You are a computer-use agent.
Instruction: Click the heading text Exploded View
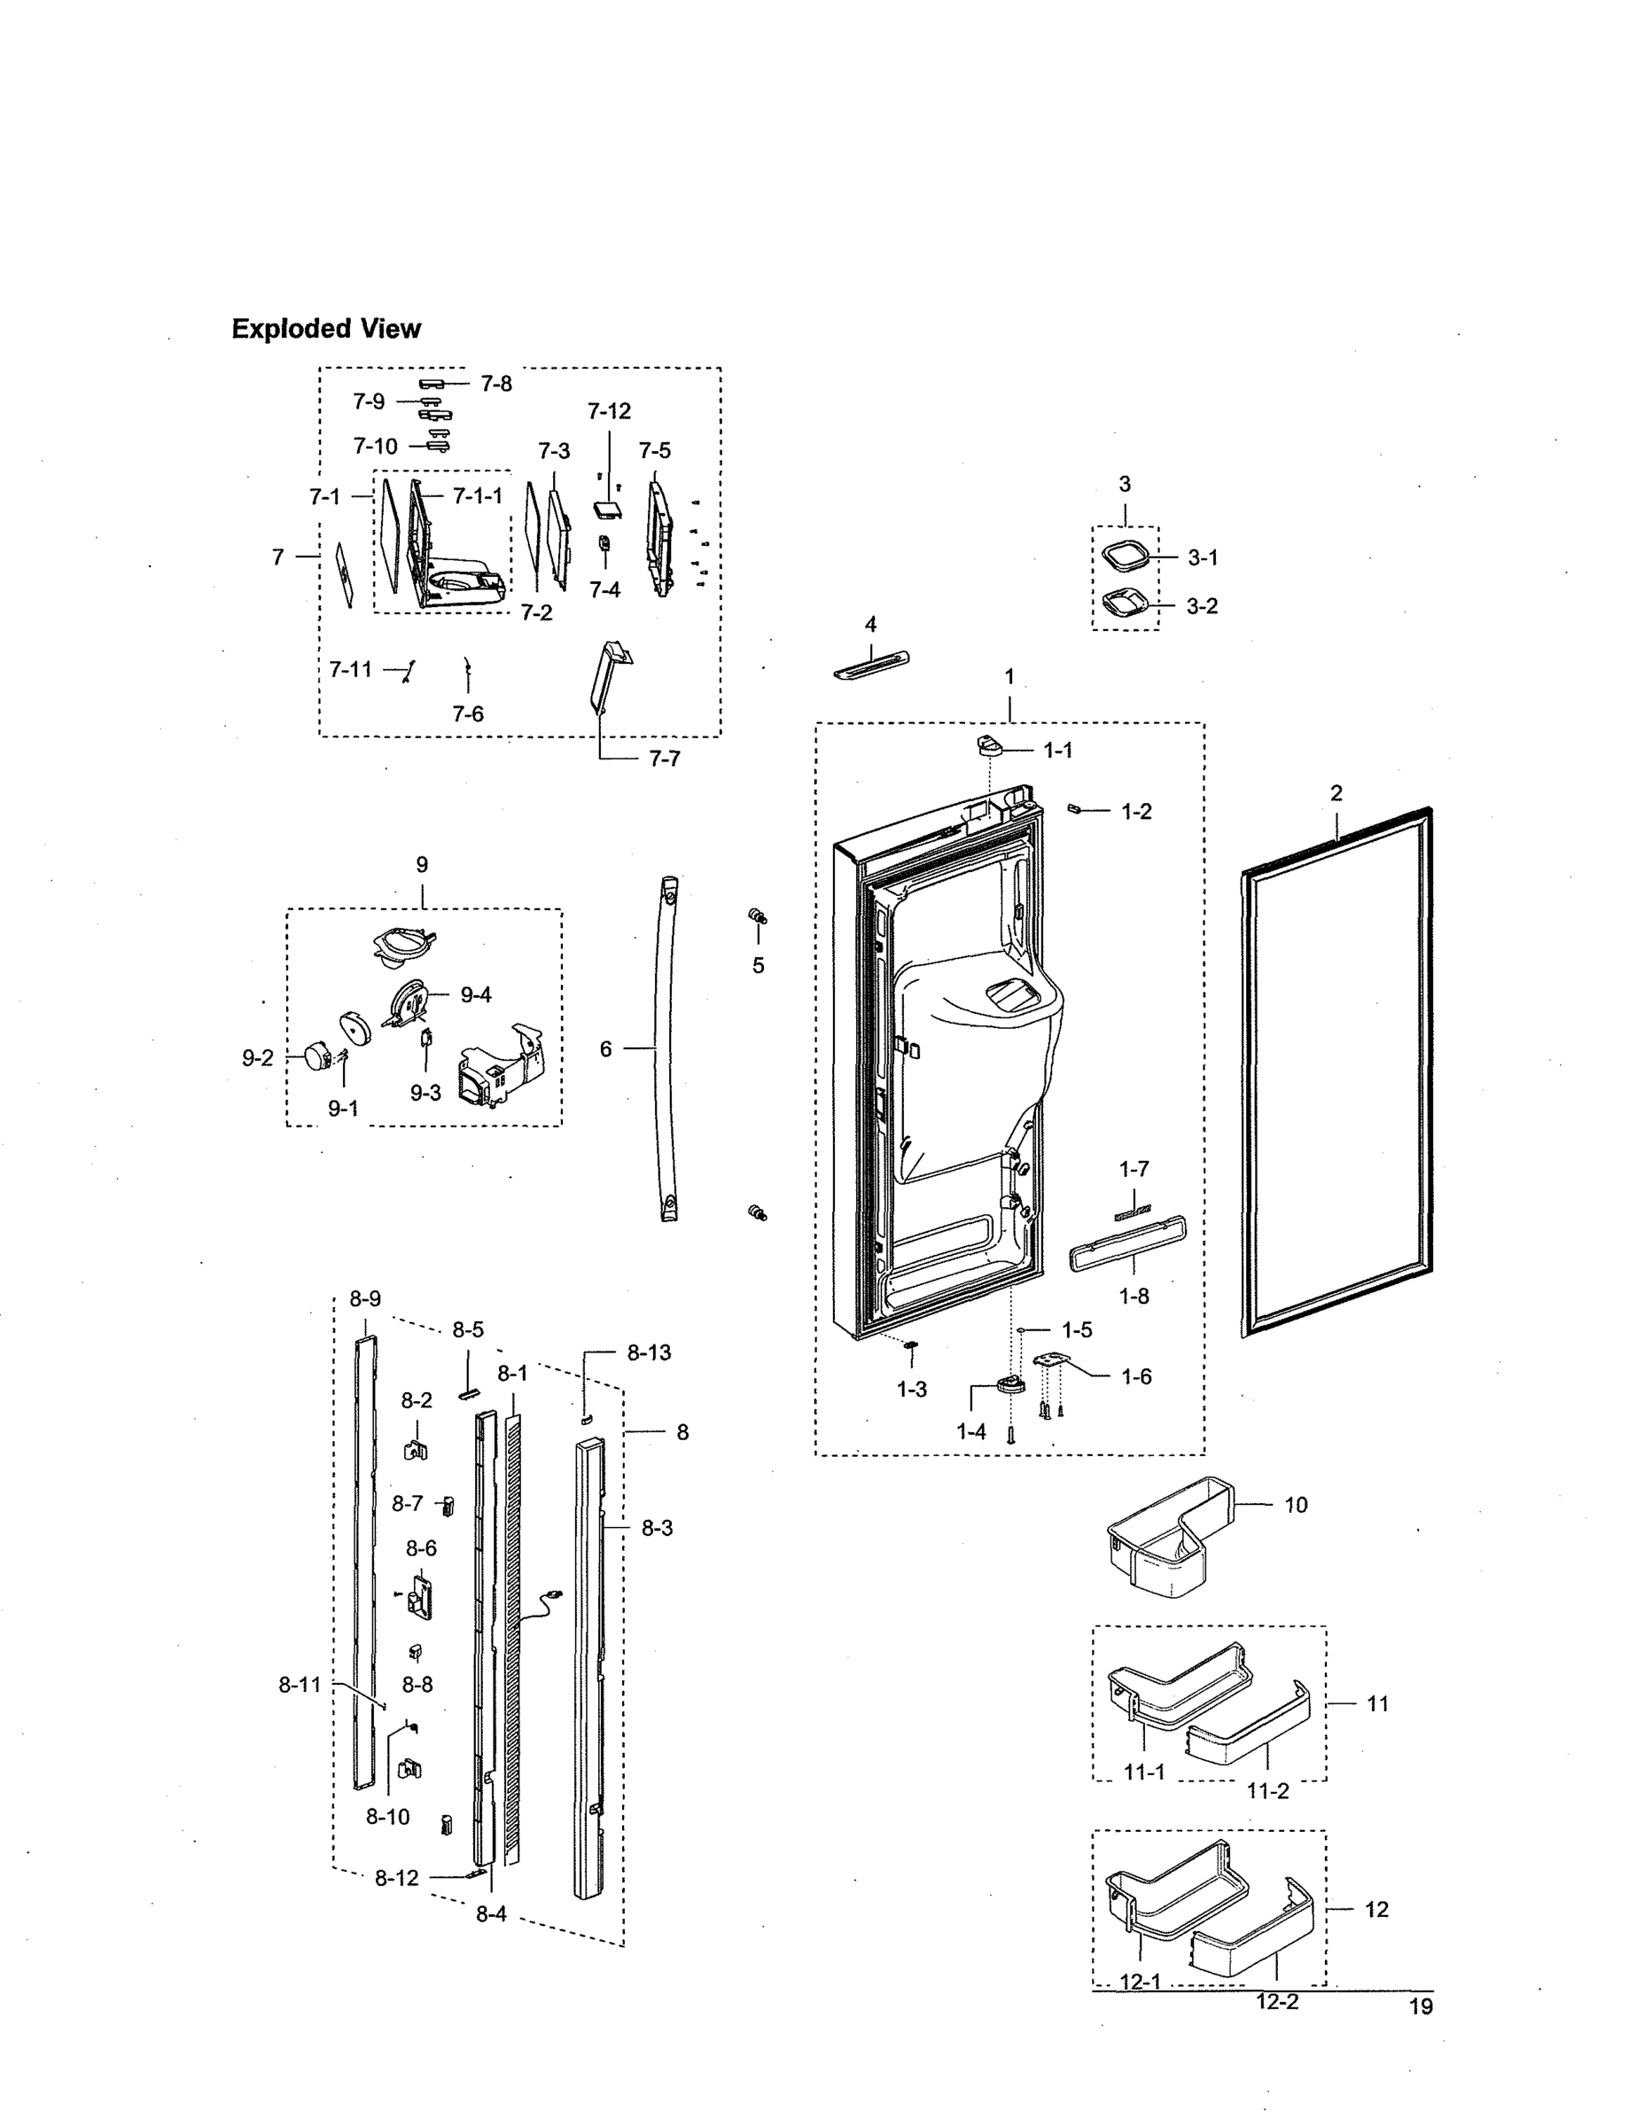click(325, 329)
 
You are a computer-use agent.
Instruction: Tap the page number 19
click(1421, 2006)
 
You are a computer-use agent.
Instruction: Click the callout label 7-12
click(609, 411)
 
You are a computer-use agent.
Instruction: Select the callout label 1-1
click(1057, 750)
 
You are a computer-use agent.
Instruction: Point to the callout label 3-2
click(1202, 606)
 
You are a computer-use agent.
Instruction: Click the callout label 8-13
click(649, 1352)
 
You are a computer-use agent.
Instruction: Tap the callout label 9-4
click(475, 994)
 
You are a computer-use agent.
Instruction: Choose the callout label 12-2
click(1277, 2001)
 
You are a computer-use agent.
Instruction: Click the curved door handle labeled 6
click(666, 1047)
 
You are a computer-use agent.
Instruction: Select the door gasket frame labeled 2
click(1336, 1071)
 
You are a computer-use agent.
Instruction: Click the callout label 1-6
click(1135, 1376)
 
